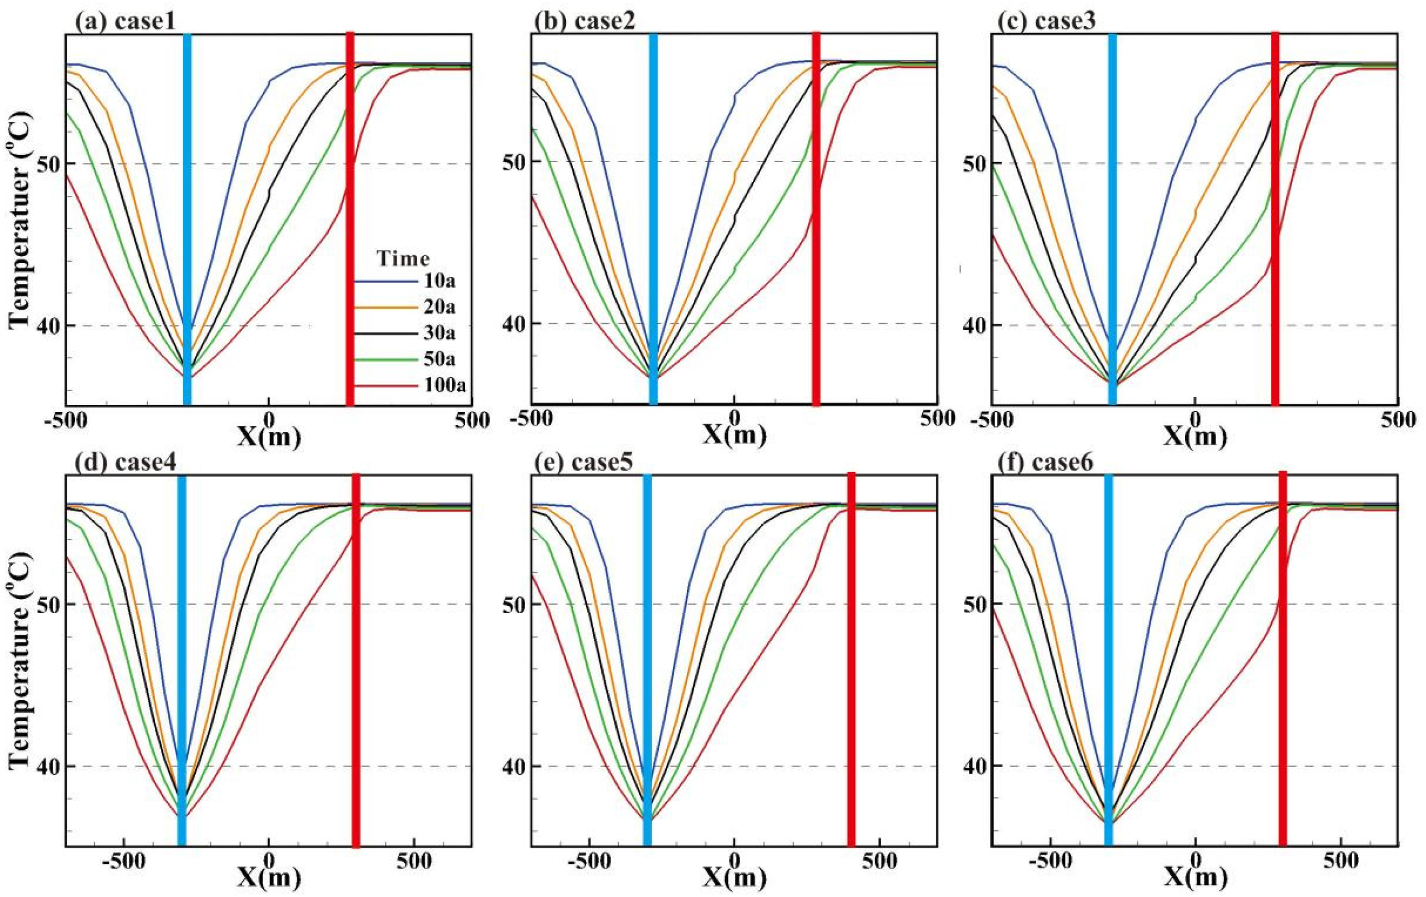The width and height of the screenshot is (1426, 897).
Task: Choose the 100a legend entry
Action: point(411,386)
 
